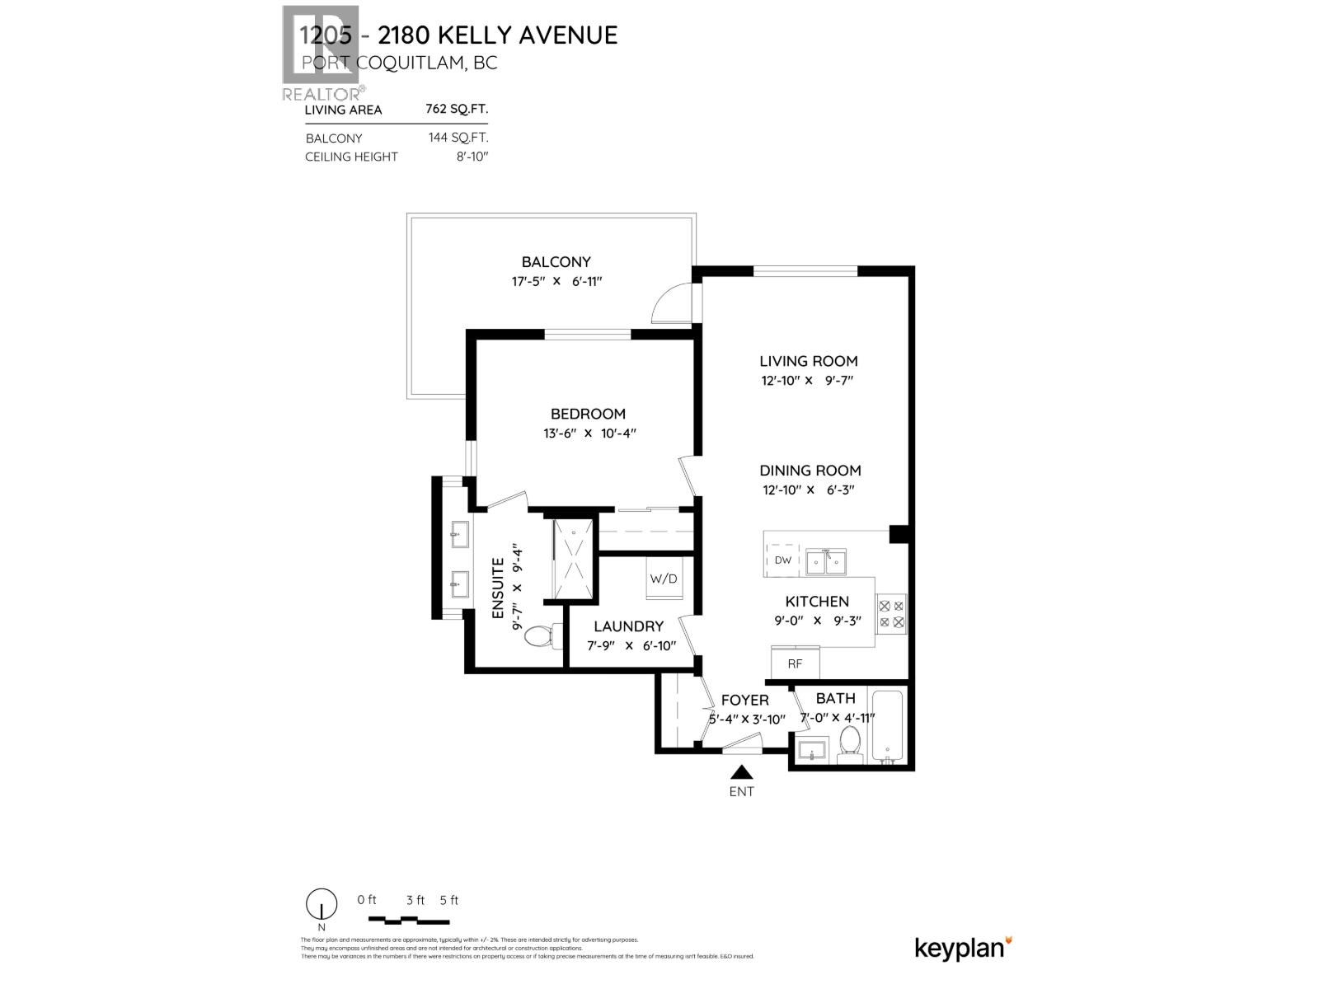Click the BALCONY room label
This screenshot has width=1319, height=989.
coord(556,262)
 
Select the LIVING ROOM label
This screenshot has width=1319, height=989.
coord(808,361)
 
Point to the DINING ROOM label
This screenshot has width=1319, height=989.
coord(810,471)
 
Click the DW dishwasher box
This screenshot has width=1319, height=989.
coord(783,560)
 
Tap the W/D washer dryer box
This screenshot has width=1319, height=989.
coord(664,579)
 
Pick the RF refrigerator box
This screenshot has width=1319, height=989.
coord(795,663)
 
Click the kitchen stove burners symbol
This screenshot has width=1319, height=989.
coord(891,614)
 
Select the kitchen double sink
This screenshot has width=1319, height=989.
coord(826,562)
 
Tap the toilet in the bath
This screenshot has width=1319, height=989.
coord(848,742)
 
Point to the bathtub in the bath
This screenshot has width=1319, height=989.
coord(887,726)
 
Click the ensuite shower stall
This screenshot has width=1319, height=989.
coord(572,560)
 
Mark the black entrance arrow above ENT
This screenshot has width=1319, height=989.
coord(742,772)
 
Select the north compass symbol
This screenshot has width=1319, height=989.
coord(322,904)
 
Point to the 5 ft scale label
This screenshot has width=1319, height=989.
coord(449,900)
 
